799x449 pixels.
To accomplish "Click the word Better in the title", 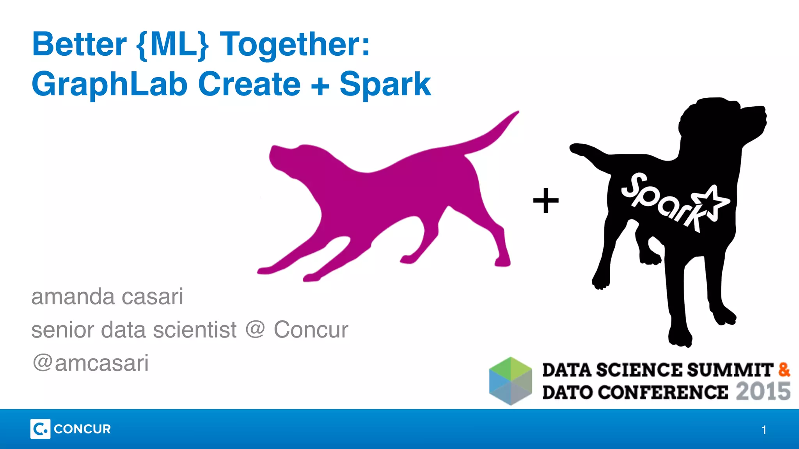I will click(79, 44).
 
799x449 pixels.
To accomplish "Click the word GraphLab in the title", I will click(110, 85).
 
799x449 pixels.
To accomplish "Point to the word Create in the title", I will click(249, 84).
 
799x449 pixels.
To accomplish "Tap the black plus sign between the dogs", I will click(546, 201).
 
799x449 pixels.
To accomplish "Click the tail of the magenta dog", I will click(495, 133).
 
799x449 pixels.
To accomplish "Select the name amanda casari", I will click(107, 297).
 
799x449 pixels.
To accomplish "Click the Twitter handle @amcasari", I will click(91, 363).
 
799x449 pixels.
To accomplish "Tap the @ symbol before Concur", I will click(255, 329).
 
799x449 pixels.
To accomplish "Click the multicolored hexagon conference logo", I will click(511, 381).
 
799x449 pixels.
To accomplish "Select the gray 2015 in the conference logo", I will click(763, 392).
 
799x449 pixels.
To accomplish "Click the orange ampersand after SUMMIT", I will click(784, 369).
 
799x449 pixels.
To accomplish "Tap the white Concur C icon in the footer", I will click(40, 429).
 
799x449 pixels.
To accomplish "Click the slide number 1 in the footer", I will click(764, 430).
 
